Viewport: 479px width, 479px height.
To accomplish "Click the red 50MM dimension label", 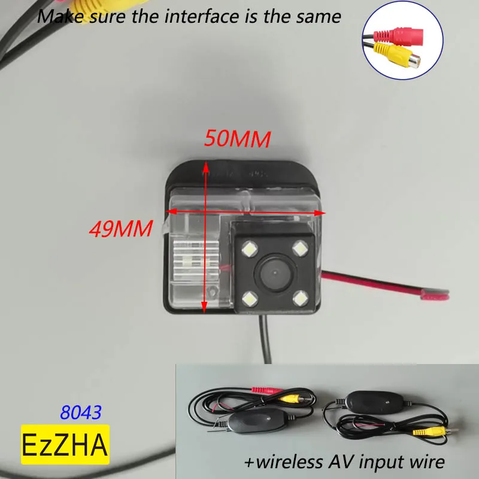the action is pos(237,139).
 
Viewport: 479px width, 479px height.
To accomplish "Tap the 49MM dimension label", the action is pos(119,228).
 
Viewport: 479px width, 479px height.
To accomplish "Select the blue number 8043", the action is pos(81,412).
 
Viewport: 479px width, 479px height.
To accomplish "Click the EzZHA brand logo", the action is pos(65,444).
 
